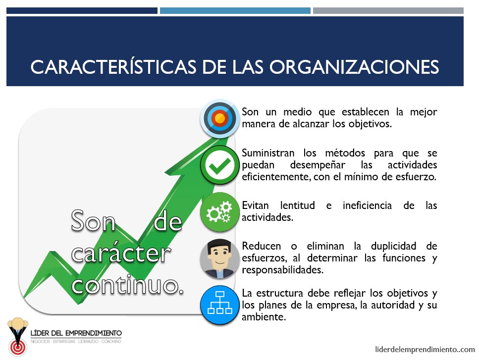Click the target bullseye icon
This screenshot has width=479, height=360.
(x=219, y=118)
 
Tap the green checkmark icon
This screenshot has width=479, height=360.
(x=219, y=165)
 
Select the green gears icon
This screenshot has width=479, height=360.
(x=219, y=211)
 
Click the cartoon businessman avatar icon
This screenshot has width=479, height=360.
(x=219, y=258)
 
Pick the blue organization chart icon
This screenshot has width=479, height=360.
(x=219, y=305)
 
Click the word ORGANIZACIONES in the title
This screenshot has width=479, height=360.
(x=354, y=67)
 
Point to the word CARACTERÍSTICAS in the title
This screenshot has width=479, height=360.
(x=113, y=66)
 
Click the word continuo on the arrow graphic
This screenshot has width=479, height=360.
(x=128, y=285)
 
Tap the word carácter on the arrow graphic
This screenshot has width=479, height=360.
(x=121, y=253)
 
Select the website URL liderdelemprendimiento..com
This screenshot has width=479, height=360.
(x=425, y=349)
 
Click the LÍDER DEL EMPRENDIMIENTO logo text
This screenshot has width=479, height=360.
(x=76, y=333)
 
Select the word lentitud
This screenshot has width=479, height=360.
(x=298, y=205)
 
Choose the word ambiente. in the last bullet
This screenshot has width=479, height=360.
(x=264, y=316)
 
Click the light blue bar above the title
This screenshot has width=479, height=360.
(x=235, y=11)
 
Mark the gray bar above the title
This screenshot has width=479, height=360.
(x=388, y=11)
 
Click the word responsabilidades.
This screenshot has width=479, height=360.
(x=282, y=270)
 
